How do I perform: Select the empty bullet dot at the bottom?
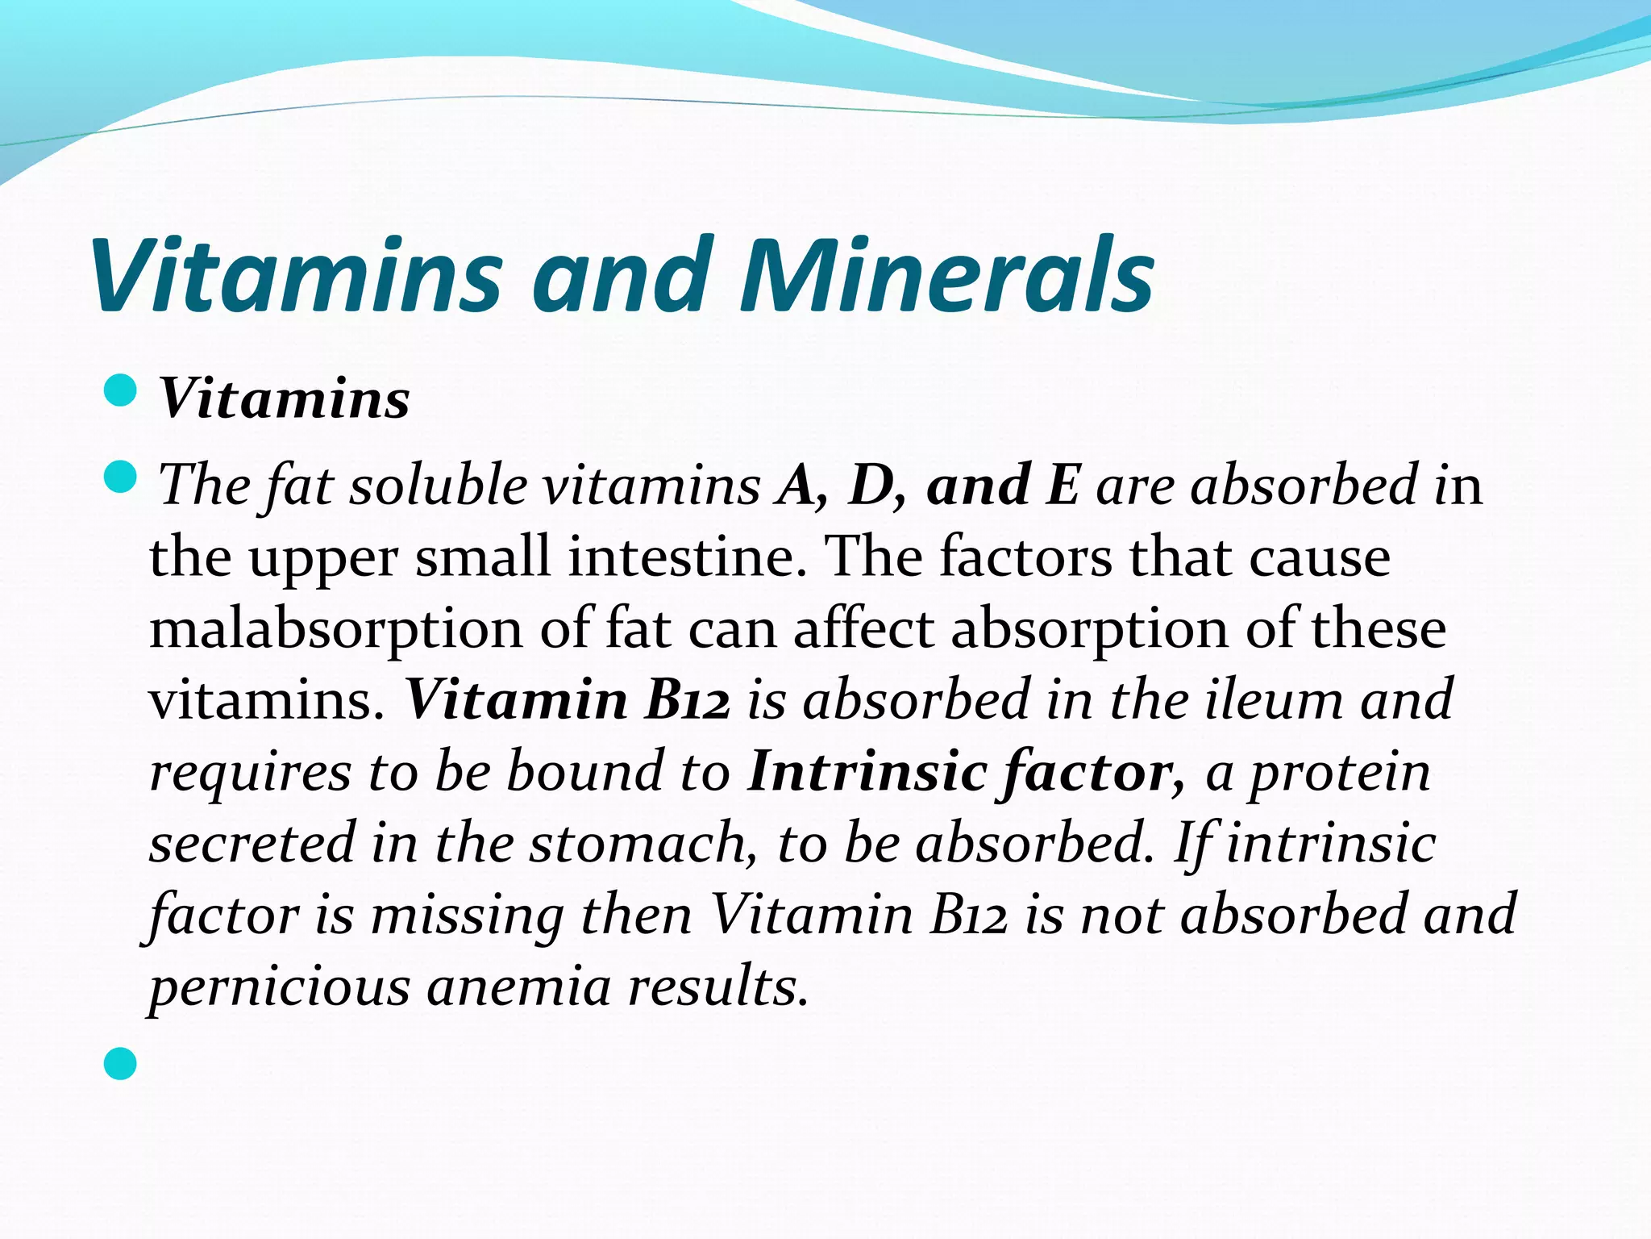121,1063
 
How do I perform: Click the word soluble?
438,486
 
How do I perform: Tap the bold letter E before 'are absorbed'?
1063,486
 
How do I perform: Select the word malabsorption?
336,629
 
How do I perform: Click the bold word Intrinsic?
867,771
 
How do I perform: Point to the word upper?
323,558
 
